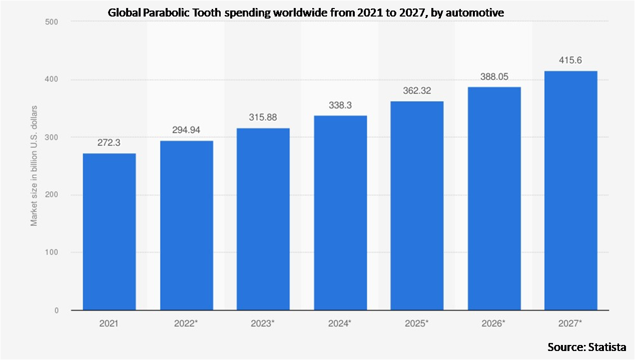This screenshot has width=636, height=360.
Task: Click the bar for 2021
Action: click(109, 231)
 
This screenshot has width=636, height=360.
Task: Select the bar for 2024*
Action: click(340, 213)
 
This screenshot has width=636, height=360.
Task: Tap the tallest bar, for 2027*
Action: click(570, 190)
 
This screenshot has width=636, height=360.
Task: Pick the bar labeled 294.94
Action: click(186, 225)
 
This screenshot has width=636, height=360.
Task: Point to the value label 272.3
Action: click(109, 143)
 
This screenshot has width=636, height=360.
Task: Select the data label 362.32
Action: click(417, 91)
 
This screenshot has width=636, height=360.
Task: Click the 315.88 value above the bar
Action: click(263, 117)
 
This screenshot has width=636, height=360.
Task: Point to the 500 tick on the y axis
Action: click(52, 22)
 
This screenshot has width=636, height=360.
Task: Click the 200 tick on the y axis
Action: click(52, 195)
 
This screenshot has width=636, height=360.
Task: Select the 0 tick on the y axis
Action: click(56, 310)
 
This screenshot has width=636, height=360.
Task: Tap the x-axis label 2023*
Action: click(263, 324)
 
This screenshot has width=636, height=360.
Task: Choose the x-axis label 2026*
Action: click(494, 324)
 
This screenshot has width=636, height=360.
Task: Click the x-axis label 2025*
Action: click(417, 324)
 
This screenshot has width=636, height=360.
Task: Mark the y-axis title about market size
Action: click(34, 166)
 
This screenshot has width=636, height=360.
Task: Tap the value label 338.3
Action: click(340, 106)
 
